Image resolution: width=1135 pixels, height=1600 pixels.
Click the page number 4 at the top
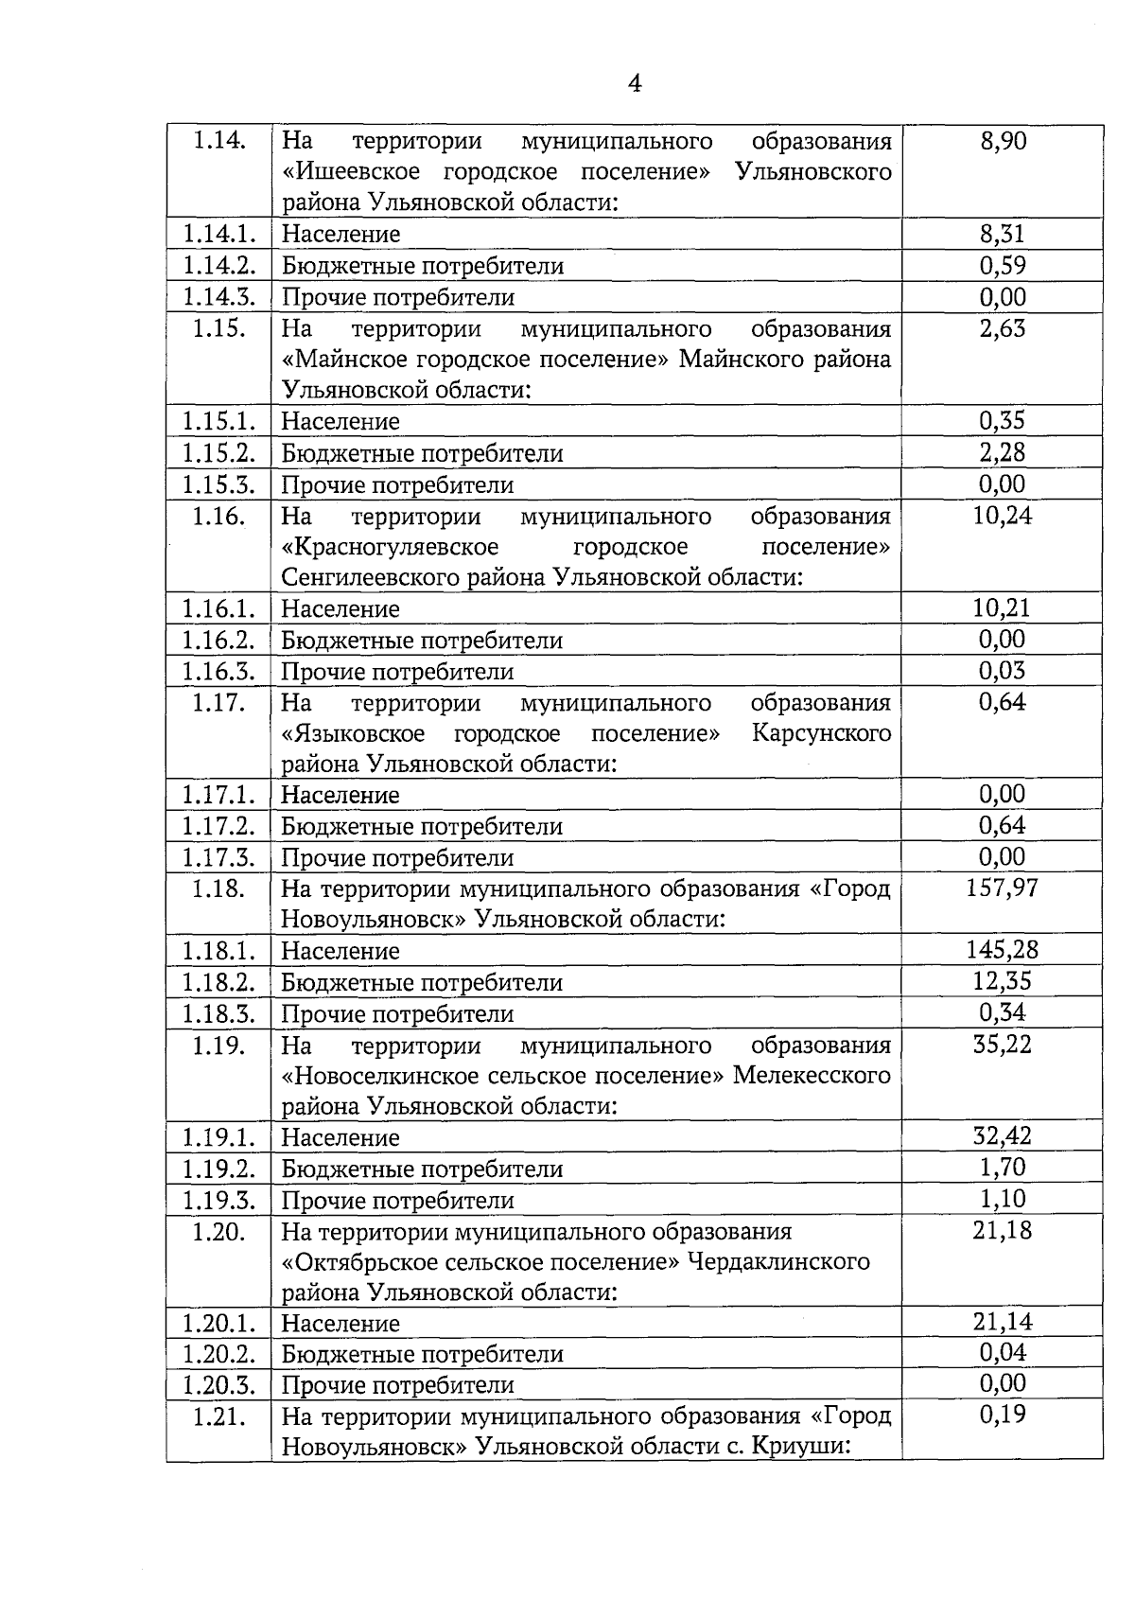click(x=635, y=84)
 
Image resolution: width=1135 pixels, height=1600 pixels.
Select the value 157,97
click(x=1002, y=888)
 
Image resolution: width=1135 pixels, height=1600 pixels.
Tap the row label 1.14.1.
click(x=218, y=234)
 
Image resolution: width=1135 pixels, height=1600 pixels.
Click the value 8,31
click(x=1002, y=234)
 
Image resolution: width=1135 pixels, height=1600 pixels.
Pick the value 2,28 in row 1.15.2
click(x=1002, y=452)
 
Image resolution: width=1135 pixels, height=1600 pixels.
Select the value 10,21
click(x=1002, y=607)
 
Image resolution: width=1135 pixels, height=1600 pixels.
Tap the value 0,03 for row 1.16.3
click(x=1002, y=671)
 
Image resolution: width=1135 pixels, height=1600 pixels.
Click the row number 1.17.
click(x=218, y=703)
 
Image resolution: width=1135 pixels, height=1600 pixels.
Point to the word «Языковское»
click(x=353, y=733)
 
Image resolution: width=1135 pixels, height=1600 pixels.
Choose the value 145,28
click(x=1002, y=950)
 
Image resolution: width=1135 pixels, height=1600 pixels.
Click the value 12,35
click(x=1002, y=981)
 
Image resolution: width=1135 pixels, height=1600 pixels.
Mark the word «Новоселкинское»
click(x=381, y=1076)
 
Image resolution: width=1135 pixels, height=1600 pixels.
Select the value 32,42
click(x=1002, y=1136)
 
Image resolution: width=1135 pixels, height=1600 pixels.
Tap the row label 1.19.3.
click(x=218, y=1200)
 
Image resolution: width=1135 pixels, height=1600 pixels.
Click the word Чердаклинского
click(x=778, y=1262)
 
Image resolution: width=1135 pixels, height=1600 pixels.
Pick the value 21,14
click(x=1002, y=1322)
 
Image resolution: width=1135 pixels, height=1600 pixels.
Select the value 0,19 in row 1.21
click(x=1002, y=1415)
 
